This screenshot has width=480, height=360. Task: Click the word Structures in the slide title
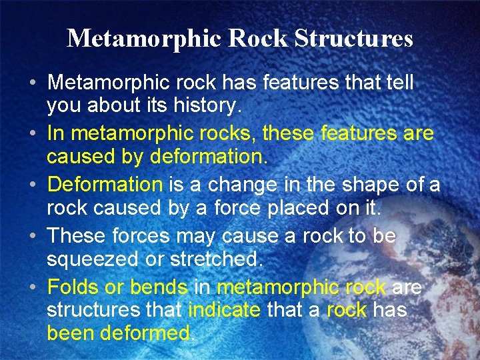point(353,39)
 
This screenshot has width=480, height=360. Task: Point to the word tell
point(397,83)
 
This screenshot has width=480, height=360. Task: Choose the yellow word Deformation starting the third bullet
point(105,185)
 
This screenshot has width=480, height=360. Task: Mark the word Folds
point(71,287)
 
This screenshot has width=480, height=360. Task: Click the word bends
point(159,287)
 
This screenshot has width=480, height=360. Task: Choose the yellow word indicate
point(225,310)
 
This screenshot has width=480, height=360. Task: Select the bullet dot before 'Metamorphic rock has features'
point(33,85)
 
